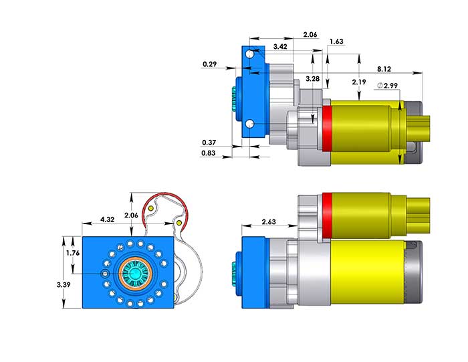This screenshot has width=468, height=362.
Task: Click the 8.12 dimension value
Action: coord(384,68)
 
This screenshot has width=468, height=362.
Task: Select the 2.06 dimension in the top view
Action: coord(310,33)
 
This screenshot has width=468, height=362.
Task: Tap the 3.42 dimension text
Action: coord(281,47)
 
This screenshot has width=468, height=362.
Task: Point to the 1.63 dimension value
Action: coord(336,41)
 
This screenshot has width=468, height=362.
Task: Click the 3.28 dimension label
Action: coord(312,79)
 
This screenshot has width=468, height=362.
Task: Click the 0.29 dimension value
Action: coord(209,65)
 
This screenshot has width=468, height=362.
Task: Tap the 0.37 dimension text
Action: coord(209,143)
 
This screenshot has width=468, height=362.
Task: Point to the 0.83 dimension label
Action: coord(209,154)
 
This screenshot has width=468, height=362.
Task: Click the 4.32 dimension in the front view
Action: coord(107,219)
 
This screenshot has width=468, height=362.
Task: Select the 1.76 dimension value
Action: coord(74,253)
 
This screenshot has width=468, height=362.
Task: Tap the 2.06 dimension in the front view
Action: coord(132,215)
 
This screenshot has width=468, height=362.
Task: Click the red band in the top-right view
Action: coord(328,132)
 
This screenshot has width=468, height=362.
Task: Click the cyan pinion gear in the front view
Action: coord(136,274)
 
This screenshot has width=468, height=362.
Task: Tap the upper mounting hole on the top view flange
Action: coord(249,54)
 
